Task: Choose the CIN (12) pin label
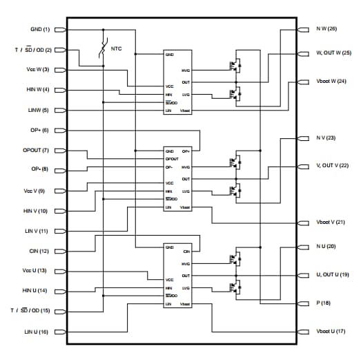click(x=38, y=251)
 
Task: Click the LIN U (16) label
click(x=35, y=332)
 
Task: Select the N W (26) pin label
click(x=326, y=30)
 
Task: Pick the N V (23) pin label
click(x=326, y=138)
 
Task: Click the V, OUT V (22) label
click(x=333, y=166)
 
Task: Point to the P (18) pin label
click(x=324, y=303)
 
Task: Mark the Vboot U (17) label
click(x=331, y=332)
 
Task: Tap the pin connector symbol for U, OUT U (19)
click(x=302, y=275)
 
